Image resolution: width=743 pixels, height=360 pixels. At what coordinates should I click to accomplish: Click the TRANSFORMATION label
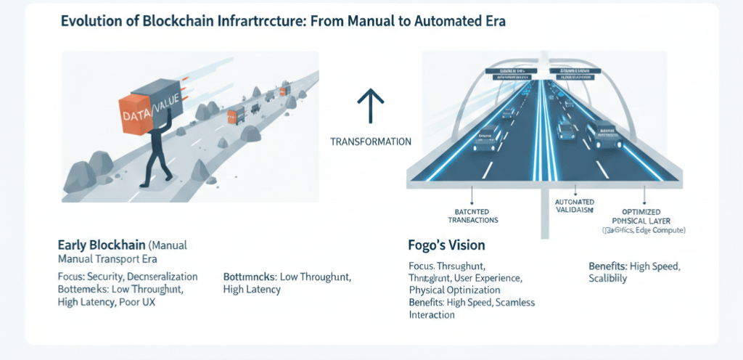(371, 142)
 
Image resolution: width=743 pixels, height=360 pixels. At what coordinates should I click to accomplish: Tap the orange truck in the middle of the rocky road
(236, 113)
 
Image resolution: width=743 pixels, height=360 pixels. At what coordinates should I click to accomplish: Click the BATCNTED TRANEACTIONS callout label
(472, 214)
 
